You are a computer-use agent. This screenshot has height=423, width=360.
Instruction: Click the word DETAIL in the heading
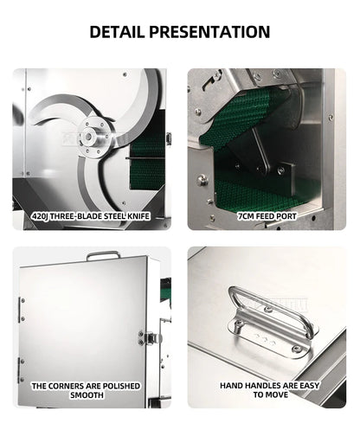[x=119, y=32]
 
